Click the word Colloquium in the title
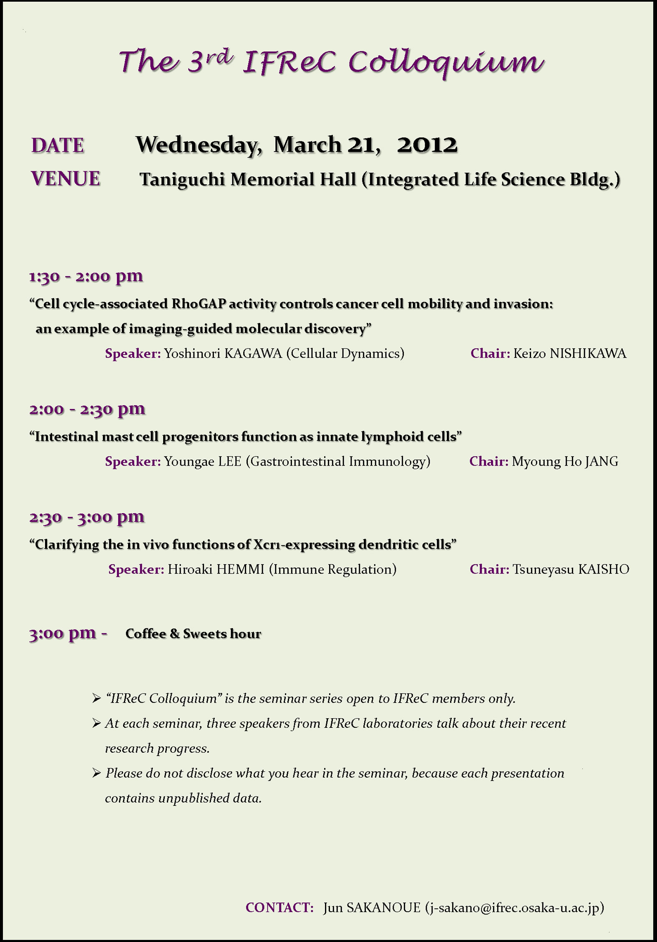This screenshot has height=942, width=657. click(446, 63)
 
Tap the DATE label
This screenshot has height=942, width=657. click(58, 145)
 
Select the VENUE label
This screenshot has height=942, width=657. click(65, 179)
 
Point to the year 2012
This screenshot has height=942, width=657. click(427, 145)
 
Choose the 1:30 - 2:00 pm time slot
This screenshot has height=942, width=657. click(86, 276)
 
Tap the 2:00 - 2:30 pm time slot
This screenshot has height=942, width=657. click(87, 409)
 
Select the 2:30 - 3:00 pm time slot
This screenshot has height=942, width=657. click(87, 517)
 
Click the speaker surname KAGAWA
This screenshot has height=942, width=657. click(253, 353)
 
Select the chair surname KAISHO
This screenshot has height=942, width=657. click(604, 569)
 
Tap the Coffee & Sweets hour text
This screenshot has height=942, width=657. click(193, 634)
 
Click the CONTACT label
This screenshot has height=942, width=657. click(279, 907)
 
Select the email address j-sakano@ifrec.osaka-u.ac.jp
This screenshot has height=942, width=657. click(514, 907)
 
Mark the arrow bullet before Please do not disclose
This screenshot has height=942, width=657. click(96, 774)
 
